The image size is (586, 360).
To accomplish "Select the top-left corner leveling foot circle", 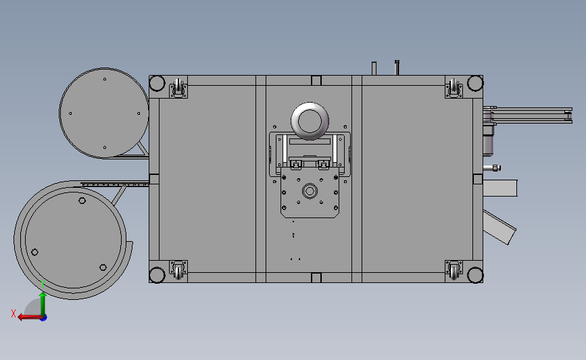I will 157,83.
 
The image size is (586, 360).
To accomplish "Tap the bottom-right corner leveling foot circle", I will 475,275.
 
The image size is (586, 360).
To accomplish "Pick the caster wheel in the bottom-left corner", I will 179,269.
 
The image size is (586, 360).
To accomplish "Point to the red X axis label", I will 14,313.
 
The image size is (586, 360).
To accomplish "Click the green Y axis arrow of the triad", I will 43,300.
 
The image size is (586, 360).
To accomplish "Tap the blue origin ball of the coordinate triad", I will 43,317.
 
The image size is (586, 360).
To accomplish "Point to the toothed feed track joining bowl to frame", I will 115,182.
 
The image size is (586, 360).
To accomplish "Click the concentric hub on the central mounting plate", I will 310,191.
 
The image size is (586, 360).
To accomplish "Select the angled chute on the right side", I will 499,227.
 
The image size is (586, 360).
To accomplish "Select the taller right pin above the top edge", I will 397,68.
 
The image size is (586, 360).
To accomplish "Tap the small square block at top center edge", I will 316,80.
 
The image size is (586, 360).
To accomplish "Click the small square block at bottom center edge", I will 316,278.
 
